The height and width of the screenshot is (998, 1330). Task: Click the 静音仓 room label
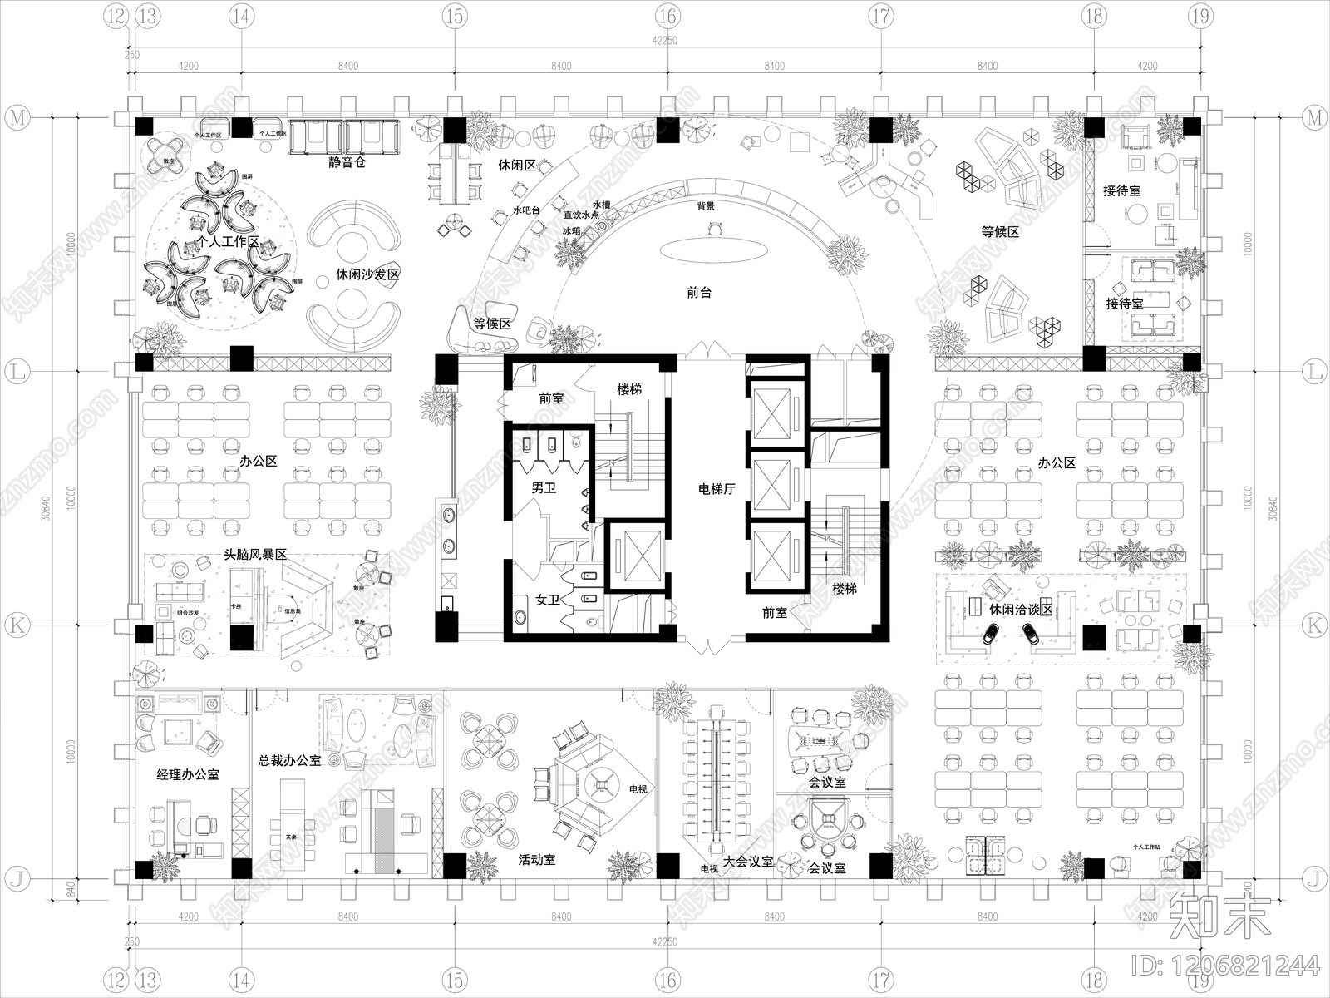(347, 162)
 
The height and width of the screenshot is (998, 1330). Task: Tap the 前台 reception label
(699, 293)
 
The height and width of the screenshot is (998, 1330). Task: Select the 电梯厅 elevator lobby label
(717, 489)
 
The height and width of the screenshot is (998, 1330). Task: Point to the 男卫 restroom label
(544, 487)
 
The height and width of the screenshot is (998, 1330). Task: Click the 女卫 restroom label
(548, 599)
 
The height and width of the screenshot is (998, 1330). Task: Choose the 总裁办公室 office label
(289, 760)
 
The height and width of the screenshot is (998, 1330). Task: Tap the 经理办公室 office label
(188, 774)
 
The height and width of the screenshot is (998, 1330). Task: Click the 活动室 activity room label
(536, 860)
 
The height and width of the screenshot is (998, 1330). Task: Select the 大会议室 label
(748, 862)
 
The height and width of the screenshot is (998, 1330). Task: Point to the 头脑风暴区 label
(255, 554)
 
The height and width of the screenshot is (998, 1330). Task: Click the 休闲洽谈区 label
(1021, 610)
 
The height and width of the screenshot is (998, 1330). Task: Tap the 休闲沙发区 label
(368, 274)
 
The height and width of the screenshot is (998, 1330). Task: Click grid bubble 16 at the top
(667, 15)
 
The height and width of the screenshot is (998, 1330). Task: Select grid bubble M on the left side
(16, 118)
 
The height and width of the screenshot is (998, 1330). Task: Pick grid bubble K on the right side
(1314, 625)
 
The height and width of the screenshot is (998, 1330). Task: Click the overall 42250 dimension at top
(666, 41)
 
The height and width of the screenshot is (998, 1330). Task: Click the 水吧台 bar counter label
(526, 211)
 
